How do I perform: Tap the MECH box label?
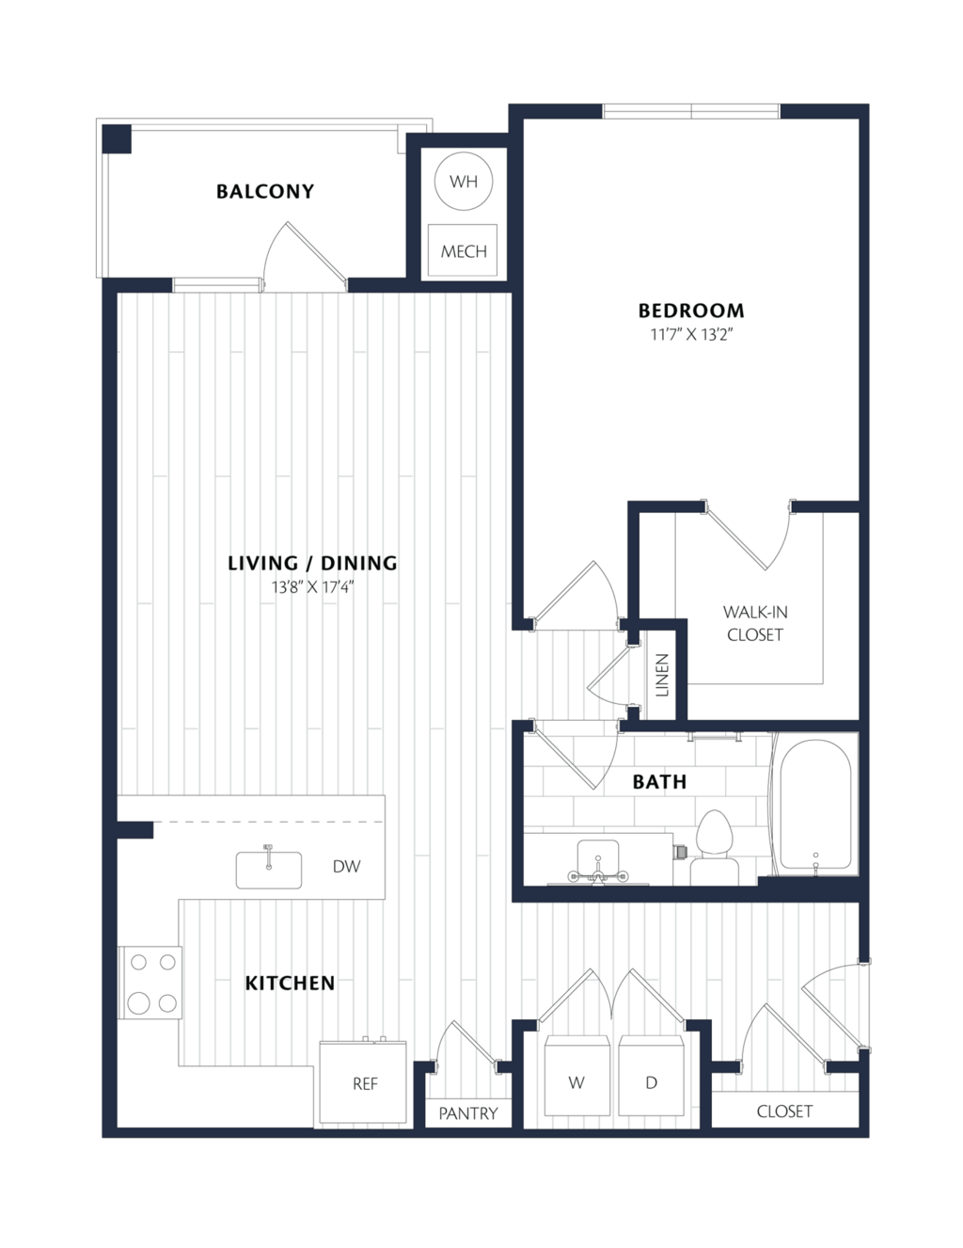(464, 251)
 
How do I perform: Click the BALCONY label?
(265, 191)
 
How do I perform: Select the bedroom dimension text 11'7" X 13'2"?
(691, 334)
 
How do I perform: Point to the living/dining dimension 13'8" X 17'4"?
(312, 587)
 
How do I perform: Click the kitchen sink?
(269, 870)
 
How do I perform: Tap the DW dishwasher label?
(347, 866)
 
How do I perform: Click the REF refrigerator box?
(363, 1082)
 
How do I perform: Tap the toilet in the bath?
(715, 847)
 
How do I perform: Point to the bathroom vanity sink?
(598, 858)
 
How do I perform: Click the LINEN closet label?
(662, 676)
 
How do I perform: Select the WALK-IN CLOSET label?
(754, 623)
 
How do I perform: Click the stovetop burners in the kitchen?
(150, 983)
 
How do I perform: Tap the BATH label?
(659, 782)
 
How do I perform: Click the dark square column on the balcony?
(117, 139)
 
